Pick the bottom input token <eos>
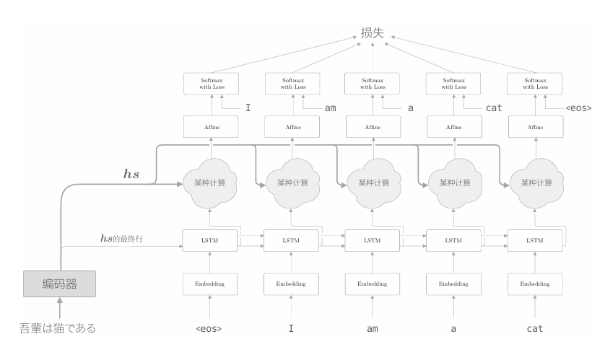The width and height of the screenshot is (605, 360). click(209, 330)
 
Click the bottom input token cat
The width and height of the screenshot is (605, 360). click(534, 330)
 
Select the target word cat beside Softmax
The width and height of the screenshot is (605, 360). click(493, 109)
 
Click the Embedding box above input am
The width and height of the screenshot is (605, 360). click(371, 284)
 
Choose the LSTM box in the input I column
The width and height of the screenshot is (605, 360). click(290, 240)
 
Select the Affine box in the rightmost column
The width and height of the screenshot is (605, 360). click(534, 128)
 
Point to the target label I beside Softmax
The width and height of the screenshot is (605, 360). click(248, 109)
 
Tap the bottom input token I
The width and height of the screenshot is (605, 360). click(290, 330)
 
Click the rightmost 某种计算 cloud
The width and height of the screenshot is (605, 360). click(534, 183)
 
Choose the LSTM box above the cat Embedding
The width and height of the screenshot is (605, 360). click(534, 240)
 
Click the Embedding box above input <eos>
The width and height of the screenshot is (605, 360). click(209, 284)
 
